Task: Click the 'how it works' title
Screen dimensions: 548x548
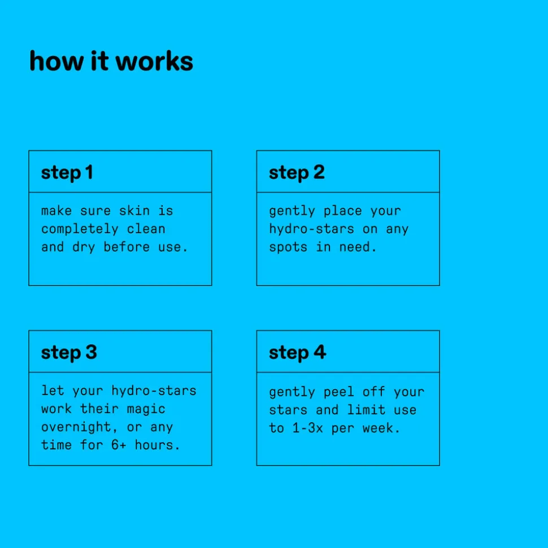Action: (x=111, y=61)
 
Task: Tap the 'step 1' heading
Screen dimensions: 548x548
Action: (x=67, y=173)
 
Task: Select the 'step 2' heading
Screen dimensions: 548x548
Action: (x=297, y=173)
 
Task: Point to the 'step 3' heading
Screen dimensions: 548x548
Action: (x=69, y=352)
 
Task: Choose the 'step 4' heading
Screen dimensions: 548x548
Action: (x=298, y=352)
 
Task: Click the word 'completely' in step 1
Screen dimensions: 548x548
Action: (x=80, y=229)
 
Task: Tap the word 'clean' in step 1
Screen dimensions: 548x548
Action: (x=146, y=229)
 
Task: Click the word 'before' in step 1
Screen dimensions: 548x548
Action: (x=127, y=247)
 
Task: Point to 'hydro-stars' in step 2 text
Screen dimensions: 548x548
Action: (x=311, y=229)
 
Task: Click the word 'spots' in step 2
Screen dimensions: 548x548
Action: (x=288, y=247)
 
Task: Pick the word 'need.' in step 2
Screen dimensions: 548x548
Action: (x=358, y=247)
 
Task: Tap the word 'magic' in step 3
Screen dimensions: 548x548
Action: (x=146, y=409)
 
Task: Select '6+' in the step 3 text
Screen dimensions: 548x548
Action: (x=119, y=445)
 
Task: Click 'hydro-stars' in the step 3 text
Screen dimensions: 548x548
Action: (x=154, y=391)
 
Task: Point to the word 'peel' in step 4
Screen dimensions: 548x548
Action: (x=339, y=392)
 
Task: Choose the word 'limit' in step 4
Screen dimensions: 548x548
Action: (x=366, y=410)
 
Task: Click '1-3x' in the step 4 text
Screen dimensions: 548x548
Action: (x=307, y=428)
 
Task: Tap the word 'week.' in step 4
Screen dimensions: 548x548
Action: (x=381, y=428)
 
